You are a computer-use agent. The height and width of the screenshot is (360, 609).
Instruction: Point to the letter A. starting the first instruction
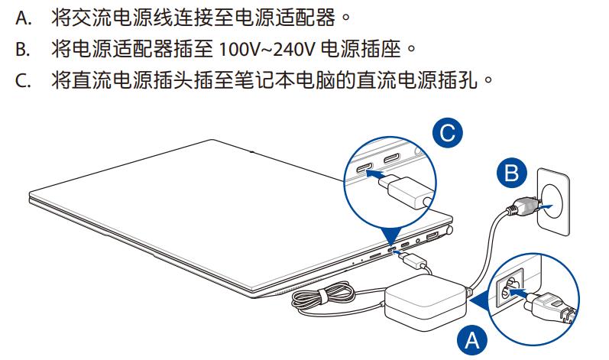[24, 16]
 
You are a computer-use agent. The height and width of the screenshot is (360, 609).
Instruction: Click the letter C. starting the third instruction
[24, 80]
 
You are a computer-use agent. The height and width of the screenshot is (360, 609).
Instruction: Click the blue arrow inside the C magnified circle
[374, 174]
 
